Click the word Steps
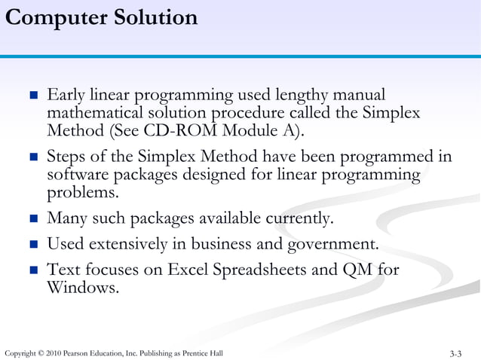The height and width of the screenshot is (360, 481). click(x=67, y=157)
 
